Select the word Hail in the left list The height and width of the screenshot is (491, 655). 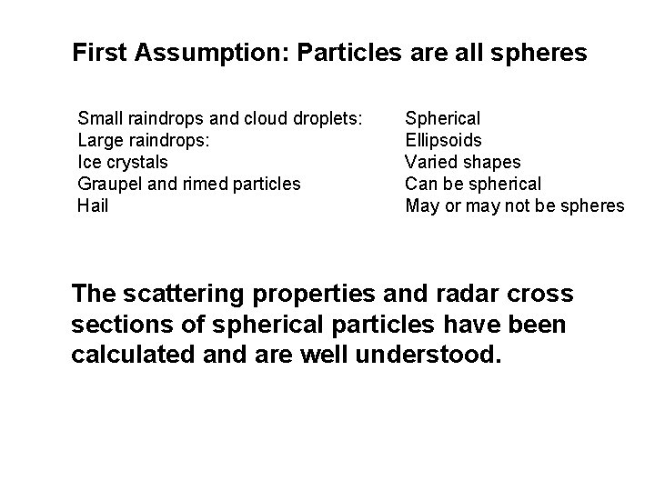point(94,206)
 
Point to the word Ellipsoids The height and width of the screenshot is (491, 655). point(444,140)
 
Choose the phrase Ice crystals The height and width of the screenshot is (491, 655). point(124,162)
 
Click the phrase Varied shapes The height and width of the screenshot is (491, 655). point(463,162)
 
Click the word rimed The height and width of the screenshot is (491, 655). point(201,184)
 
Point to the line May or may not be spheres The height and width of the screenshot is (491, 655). point(515,206)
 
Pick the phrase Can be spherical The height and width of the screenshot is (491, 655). point(473,185)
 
